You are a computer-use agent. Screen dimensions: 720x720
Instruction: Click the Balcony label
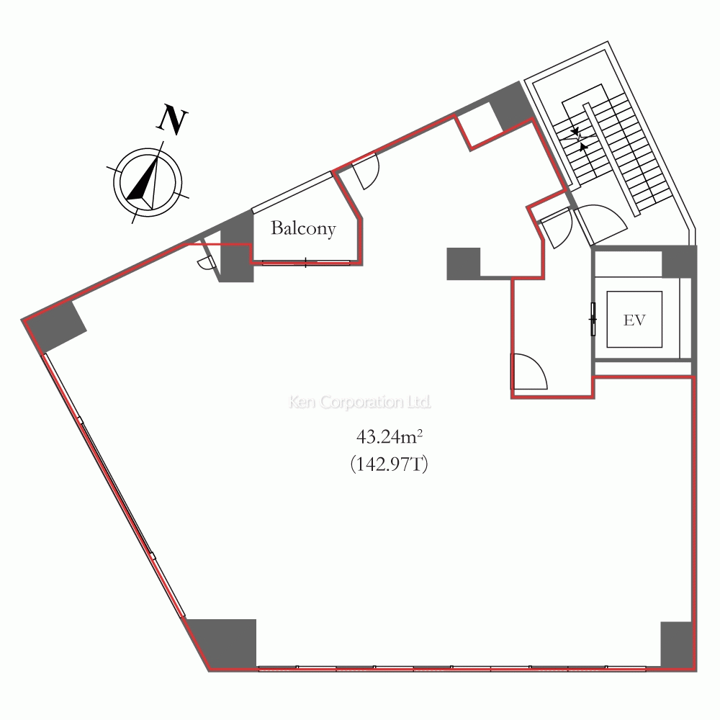coord(303,228)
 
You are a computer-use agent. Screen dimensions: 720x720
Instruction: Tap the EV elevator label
coord(634,320)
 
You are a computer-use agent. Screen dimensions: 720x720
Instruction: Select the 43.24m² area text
coord(389,437)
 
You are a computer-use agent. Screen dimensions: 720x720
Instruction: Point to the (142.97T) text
coord(389,464)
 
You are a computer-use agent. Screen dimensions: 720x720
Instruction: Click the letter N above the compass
coord(172,120)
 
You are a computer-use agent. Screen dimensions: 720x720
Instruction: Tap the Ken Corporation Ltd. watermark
coord(359,402)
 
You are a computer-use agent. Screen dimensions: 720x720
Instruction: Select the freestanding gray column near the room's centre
coord(463,264)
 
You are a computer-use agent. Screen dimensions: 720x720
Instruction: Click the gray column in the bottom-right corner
coord(676,644)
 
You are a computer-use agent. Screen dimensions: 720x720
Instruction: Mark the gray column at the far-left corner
coord(54,325)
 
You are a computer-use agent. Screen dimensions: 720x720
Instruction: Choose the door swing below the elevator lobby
coord(530,372)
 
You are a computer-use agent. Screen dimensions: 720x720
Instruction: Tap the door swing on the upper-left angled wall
coord(366,171)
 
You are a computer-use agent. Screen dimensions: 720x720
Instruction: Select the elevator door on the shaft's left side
coord(593,319)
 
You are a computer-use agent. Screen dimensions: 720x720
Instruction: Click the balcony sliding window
coord(305,263)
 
